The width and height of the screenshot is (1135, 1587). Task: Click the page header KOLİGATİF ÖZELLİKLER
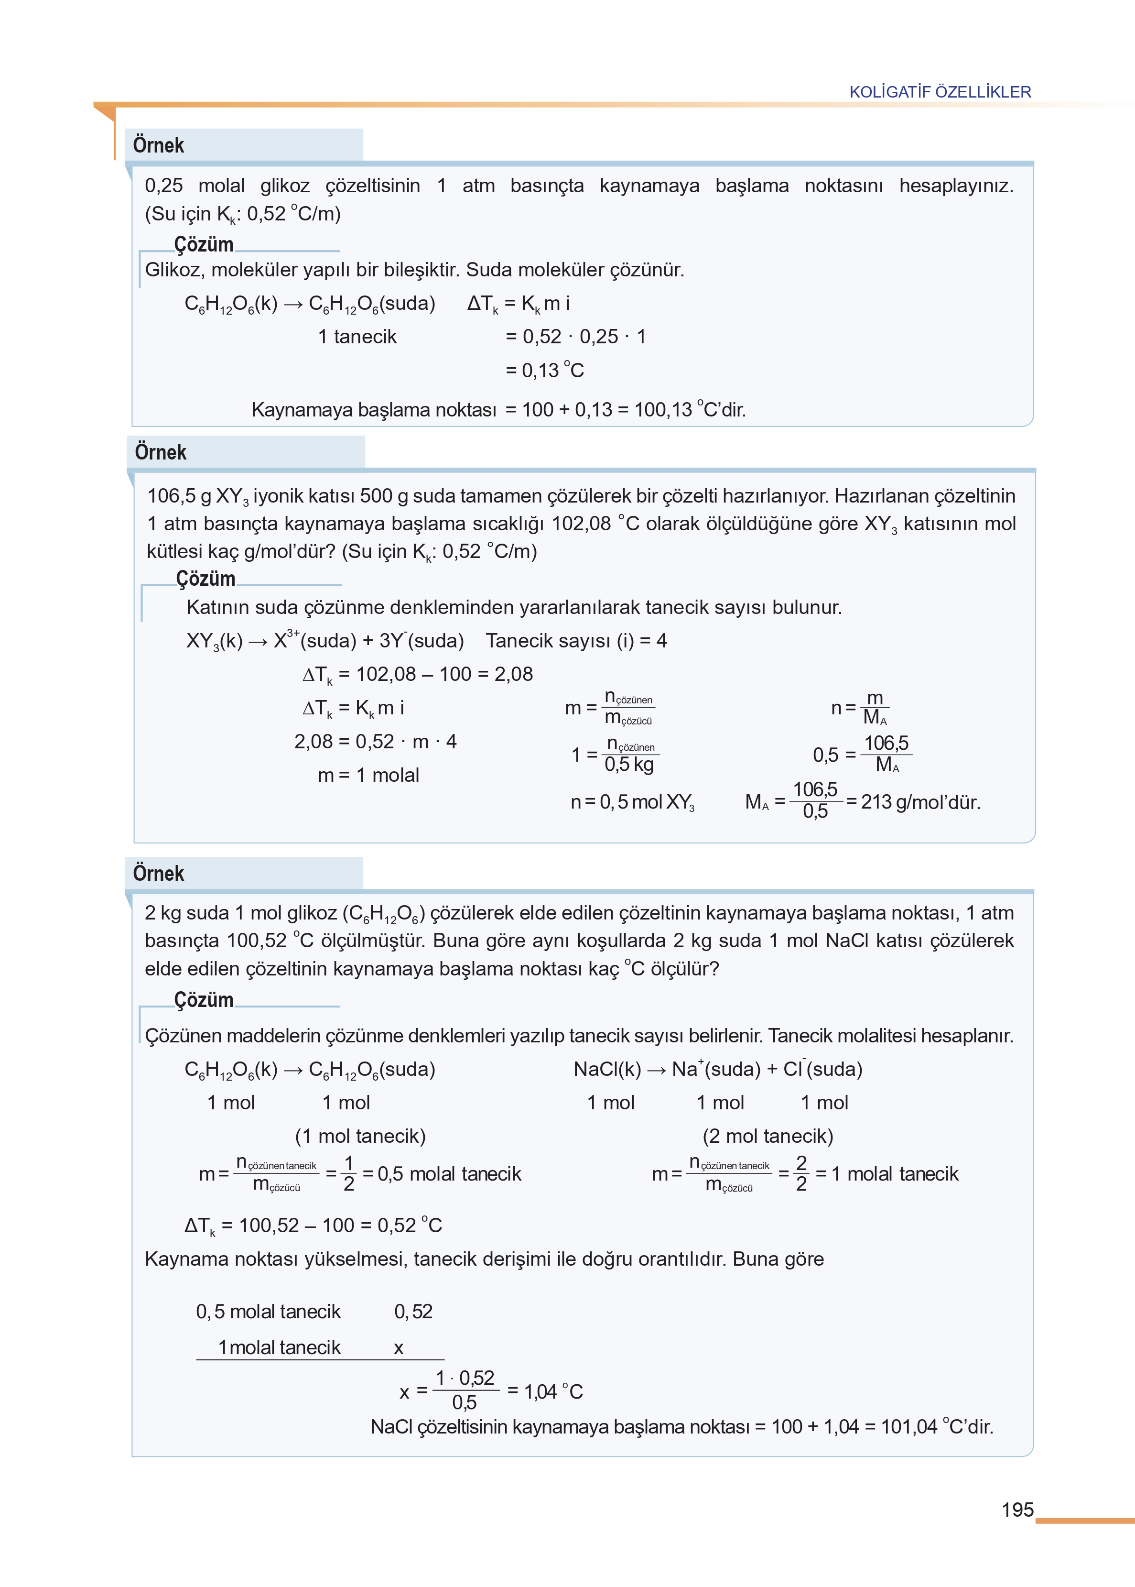click(940, 92)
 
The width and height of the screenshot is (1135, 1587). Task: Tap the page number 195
click(1017, 1510)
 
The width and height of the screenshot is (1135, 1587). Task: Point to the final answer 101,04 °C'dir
click(937, 1426)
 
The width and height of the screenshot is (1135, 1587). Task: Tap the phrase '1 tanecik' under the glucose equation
click(357, 337)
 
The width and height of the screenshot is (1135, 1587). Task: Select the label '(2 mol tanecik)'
click(767, 1136)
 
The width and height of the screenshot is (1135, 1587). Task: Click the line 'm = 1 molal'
click(368, 775)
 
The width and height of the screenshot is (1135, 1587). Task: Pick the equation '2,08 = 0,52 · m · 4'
click(375, 741)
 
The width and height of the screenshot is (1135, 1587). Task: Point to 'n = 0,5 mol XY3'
click(633, 802)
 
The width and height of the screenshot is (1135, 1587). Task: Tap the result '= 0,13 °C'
click(544, 371)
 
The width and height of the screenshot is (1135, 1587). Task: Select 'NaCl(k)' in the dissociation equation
click(606, 1069)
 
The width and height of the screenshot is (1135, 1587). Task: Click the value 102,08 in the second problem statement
click(581, 524)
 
